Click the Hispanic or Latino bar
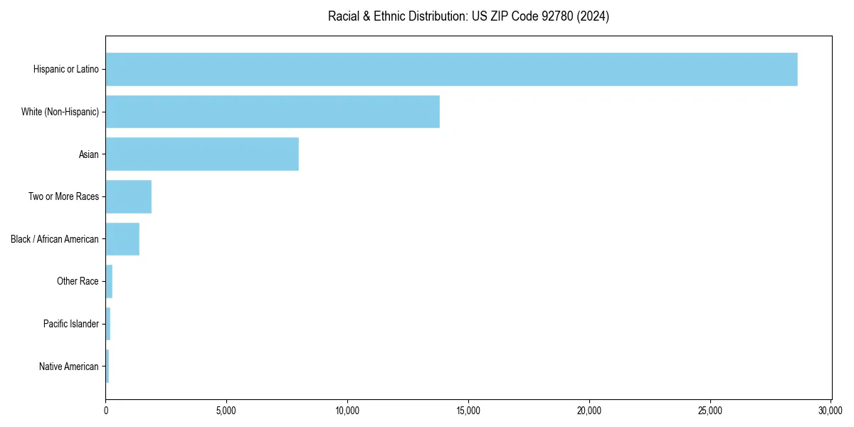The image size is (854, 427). tap(451, 69)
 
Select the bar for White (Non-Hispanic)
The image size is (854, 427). tap(273, 112)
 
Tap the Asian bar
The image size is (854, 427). tap(202, 154)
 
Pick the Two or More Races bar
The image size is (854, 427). tap(129, 196)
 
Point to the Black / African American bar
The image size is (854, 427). tap(122, 239)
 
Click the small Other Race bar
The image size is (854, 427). tap(109, 281)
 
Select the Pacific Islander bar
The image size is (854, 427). tap(108, 324)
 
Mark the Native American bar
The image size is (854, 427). tap(107, 367)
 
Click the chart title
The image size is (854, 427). tap(468, 16)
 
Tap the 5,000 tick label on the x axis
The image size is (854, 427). tap(226, 411)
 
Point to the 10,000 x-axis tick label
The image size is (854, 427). tap(347, 411)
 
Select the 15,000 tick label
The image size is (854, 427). tap(468, 411)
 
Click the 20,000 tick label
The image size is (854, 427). tap(589, 411)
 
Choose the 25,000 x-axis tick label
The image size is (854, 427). tap(710, 411)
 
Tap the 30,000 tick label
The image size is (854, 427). tap(831, 411)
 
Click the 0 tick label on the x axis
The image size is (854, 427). tap(106, 411)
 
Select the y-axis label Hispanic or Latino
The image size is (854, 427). tap(66, 69)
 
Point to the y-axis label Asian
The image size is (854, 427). tap(89, 154)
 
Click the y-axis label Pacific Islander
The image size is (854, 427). tap(71, 324)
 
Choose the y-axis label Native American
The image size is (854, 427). tap(69, 367)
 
